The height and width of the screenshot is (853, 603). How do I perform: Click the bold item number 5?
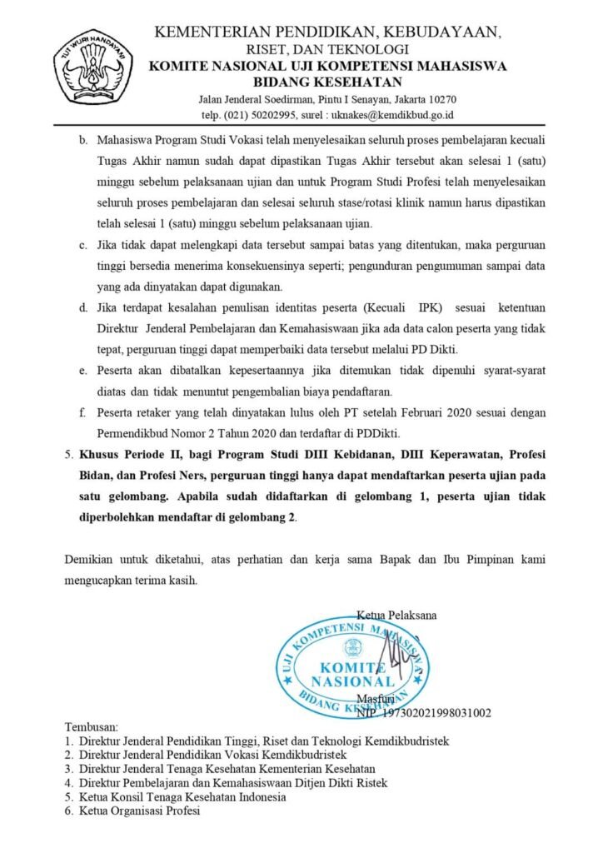69,456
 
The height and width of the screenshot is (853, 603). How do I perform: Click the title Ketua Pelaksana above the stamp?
396,616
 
